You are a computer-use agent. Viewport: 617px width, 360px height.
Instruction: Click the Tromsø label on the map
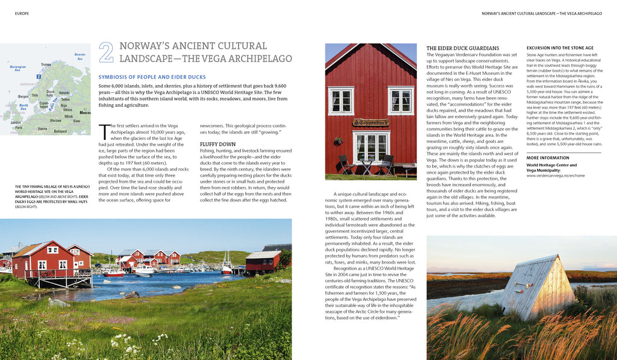coord(46,65)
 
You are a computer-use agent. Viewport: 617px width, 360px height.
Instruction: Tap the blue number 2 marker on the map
coord(39,77)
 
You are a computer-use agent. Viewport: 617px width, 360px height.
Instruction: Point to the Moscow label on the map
coord(85,113)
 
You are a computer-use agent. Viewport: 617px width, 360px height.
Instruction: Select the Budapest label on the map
coord(60,131)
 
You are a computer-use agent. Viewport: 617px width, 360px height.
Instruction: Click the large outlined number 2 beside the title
coord(106,52)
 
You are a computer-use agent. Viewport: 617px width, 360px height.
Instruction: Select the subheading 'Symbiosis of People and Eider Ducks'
coord(152,77)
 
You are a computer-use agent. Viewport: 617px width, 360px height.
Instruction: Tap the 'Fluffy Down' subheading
coord(218,145)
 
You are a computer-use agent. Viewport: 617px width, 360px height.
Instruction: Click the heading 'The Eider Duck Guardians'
coord(463,48)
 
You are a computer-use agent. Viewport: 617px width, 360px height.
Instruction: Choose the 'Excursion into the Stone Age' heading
coord(560,48)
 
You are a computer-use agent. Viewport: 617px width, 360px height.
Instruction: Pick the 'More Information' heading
coord(547,159)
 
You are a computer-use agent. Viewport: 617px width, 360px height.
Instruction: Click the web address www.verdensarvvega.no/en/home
coord(556,176)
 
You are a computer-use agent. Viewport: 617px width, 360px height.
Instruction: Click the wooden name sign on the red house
coord(371,123)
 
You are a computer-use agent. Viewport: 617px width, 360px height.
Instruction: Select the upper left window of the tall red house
coord(340,101)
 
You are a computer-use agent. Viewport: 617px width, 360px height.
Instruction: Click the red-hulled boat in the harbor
coord(113,274)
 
